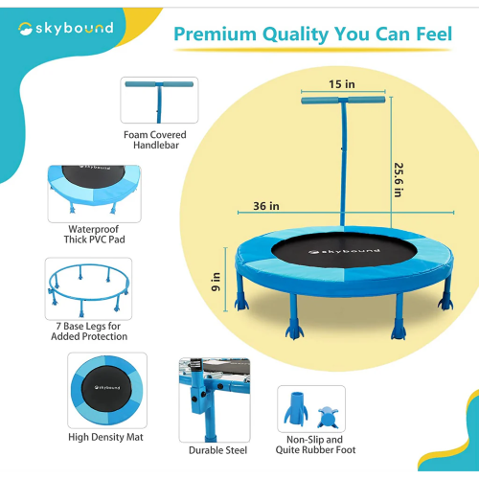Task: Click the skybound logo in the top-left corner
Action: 66,29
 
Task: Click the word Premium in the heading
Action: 215,34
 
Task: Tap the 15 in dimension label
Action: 342,84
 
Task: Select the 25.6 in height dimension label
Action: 399,180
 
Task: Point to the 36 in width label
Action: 266,206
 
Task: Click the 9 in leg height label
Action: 216,282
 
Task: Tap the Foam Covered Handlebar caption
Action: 155,140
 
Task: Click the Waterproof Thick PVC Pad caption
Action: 94,234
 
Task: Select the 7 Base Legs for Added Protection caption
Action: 89,331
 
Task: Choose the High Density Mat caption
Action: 105,437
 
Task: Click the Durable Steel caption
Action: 217,450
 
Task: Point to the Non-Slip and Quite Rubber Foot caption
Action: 315,445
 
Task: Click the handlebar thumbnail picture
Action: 159,100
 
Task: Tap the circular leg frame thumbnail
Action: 88,288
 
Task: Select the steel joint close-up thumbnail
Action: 215,400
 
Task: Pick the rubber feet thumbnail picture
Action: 311,409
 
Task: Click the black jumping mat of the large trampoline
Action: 344,250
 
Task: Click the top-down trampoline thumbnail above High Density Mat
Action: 107,390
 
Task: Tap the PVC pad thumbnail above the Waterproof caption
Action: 94,194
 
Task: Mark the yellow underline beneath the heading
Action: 313,50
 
